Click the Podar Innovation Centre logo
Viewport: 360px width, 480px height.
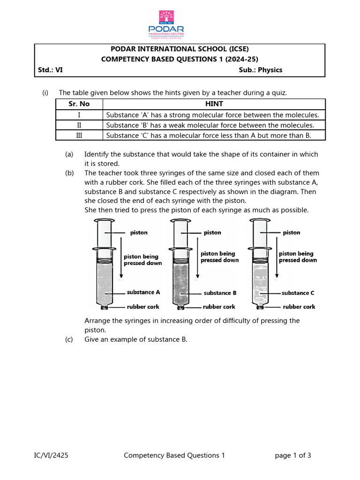click(166, 23)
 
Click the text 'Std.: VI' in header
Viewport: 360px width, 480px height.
click(50, 70)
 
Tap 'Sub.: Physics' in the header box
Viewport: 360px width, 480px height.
click(261, 70)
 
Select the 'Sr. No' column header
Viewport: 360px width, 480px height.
click(79, 104)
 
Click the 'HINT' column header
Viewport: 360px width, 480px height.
click(214, 104)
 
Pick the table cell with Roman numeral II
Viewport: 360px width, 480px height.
click(79, 125)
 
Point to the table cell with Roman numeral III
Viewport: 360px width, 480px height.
click(79, 135)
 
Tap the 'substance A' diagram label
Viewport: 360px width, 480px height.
click(143, 292)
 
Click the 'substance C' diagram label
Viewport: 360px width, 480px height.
click(298, 293)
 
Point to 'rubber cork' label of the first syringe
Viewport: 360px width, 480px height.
click(143, 307)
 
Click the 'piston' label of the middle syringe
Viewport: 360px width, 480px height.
click(212, 232)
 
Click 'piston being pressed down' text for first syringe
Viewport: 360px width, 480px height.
click(142, 260)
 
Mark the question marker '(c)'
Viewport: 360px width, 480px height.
click(69, 339)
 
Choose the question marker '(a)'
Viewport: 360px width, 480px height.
click(69, 154)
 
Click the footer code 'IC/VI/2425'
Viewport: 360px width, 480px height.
click(51, 455)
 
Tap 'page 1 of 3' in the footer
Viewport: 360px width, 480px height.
click(293, 455)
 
